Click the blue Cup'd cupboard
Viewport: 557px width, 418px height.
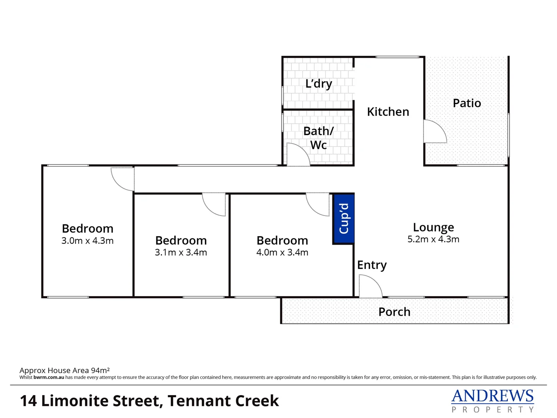tap(343, 219)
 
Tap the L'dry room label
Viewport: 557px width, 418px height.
tap(319, 84)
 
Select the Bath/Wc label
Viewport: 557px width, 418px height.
tap(318, 138)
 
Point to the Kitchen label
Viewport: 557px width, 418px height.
tap(388, 112)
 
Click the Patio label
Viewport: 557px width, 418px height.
tap(467, 103)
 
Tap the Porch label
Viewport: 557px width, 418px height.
tap(394, 312)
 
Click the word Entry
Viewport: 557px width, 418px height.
tap(372, 265)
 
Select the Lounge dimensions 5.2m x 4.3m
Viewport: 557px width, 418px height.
tap(433, 239)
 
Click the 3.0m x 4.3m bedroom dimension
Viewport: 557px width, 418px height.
tap(87, 241)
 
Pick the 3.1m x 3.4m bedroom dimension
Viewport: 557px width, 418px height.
tap(181, 252)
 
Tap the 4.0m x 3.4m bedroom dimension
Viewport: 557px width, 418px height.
tap(282, 252)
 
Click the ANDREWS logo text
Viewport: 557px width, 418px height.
tap(492, 396)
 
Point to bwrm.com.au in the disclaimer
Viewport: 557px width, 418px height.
tap(49, 377)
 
